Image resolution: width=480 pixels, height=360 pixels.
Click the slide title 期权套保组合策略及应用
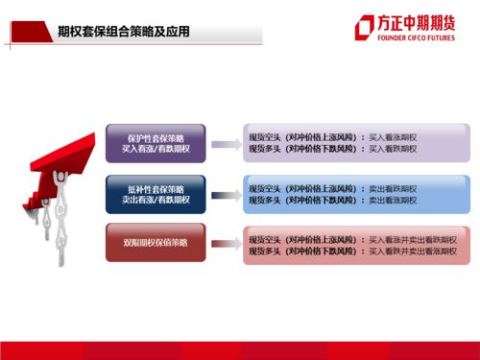click(x=124, y=32)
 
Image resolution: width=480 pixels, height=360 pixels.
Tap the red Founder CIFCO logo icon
click(x=365, y=28)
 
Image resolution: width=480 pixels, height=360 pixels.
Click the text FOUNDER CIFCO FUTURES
click(x=418, y=40)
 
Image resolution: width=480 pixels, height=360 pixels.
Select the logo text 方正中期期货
click(x=419, y=23)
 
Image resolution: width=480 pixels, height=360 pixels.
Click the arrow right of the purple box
click(x=224, y=144)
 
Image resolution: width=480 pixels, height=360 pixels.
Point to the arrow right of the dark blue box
click(x=224, y=195)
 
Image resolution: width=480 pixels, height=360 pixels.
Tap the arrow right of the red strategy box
click(x=224, y=242)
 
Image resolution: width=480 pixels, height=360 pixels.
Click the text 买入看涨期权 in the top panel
click(x=393, y=137)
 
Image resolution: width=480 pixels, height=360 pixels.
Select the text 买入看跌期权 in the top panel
click(x=393, y=149)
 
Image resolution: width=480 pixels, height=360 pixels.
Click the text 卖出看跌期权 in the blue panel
click(x=393, y=188)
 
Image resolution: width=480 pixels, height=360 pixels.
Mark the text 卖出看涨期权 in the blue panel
click(x=393, y=200)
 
